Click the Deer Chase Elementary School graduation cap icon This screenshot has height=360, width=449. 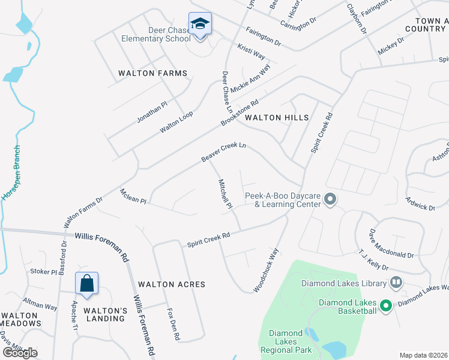[200, 25]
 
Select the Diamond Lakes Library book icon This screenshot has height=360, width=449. [396, 282]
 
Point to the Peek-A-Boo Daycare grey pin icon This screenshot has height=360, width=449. [330, 199]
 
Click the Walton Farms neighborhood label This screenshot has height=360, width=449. [152, 73]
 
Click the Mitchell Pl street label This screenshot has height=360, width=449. [225, 194]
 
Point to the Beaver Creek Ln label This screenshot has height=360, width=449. [224, 152]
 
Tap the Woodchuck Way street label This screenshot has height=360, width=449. [266, 262]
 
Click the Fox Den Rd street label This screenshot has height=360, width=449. [173, 324]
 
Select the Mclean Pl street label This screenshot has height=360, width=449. [133, 197]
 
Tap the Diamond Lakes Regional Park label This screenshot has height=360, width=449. [285, 341]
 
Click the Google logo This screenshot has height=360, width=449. [20, 353]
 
